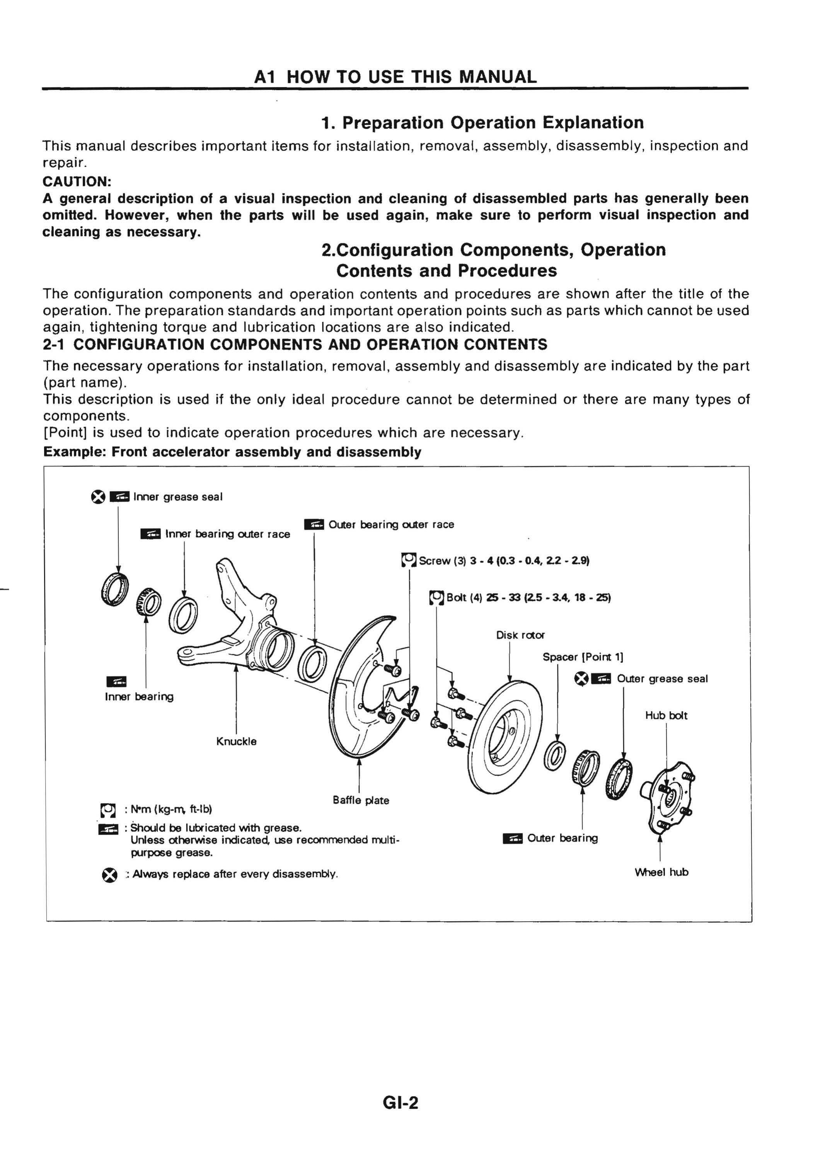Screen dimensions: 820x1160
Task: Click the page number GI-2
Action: coord(401,1102)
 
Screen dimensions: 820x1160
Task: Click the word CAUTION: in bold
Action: coord(77,181)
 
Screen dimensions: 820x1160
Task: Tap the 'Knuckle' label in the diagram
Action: coord(236,741)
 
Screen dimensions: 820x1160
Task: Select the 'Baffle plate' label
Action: coord(361,800)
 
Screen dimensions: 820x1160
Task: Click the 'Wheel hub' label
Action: coord(661,872)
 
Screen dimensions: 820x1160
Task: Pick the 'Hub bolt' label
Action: coord(667,716)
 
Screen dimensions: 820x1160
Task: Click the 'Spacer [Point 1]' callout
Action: coord(583,657)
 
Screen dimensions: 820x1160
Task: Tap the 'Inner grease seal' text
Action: coord(178,497)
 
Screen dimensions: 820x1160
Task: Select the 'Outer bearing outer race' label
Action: coord(391,524)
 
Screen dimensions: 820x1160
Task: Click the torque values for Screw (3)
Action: coord(530,560)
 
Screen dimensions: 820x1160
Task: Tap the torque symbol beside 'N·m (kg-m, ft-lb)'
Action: coord(107,810)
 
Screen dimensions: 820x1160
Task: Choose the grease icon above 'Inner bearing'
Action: coord(117,682)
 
